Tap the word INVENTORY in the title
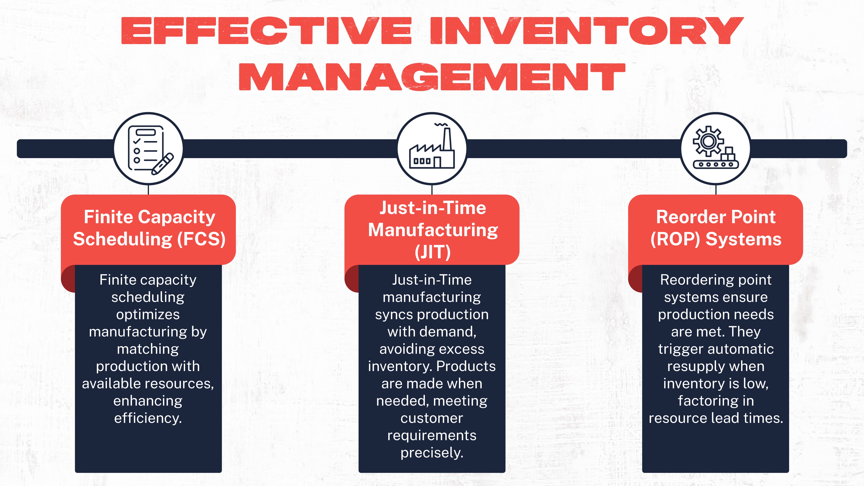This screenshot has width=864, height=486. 587,31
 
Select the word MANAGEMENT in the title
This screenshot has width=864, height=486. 432,77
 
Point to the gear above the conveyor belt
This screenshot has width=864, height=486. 708,141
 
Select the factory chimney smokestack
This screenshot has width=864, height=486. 447,139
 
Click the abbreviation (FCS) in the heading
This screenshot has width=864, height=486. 201,239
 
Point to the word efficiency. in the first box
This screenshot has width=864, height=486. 148,418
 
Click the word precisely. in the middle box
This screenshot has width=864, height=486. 432,453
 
